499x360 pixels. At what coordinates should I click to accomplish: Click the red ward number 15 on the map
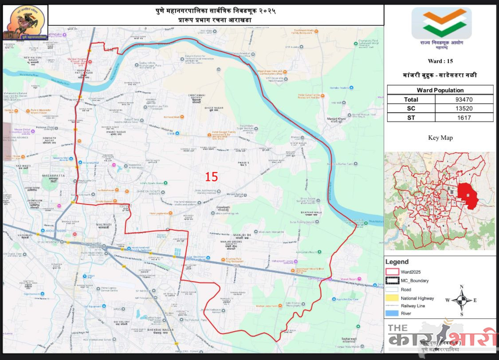pos(212,177)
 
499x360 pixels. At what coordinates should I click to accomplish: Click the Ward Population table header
pos(440,90)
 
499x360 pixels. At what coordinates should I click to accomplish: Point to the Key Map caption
pos(440,137)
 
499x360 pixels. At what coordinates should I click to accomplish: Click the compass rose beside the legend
pos(461,301)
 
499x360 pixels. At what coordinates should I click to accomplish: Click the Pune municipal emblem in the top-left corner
pos(25,23)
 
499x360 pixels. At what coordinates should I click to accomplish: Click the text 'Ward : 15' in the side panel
pos(440,61)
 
